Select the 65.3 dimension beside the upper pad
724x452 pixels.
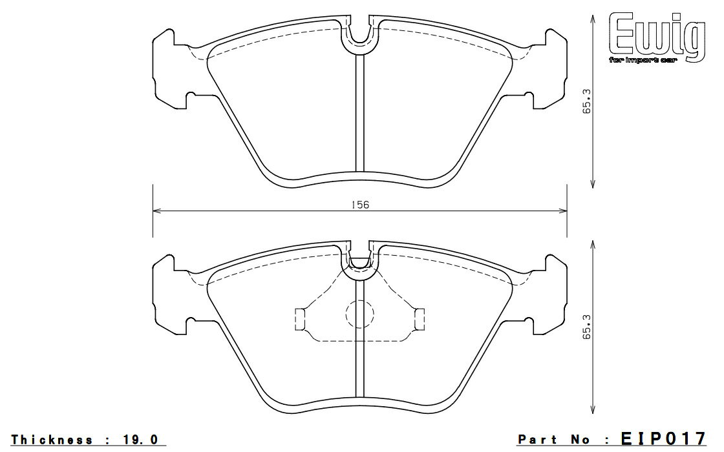587,101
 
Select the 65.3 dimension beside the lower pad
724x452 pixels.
587,327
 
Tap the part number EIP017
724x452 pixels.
663,438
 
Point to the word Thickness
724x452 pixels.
51,440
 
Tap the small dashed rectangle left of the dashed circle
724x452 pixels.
300,319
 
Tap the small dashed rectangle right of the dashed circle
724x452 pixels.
420,319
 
